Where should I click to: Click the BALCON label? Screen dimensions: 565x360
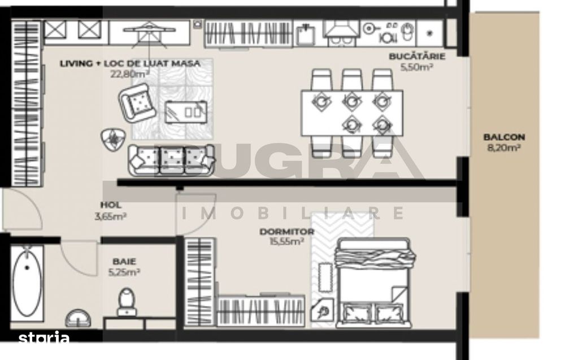click(x=504, y=137)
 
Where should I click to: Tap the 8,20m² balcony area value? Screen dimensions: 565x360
click(x=504, y=147)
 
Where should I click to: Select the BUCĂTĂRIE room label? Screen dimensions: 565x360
click(x=417, y=56)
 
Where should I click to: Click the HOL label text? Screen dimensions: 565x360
click(x=111, y=205)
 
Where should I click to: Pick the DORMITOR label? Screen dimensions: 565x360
click(x=287, y=232)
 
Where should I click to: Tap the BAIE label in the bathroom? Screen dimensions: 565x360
click(x=124, y=261)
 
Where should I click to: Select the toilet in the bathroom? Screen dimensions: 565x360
click(x=127, y=302)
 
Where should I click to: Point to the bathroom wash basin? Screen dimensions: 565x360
click(x=78, y=318)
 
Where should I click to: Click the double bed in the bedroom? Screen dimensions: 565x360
click(x=375, y=283)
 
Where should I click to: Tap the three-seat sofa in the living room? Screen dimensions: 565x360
click(x=171, y=160)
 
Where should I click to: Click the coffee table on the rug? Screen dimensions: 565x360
click(x=186, y=112)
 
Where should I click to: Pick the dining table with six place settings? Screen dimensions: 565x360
click(x=351, y=113)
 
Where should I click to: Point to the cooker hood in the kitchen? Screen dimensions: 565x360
click(x=341, y=30)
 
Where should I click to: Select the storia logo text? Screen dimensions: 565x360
click(x=44, y=337)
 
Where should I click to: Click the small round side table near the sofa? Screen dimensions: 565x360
click(x=114, y=140)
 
